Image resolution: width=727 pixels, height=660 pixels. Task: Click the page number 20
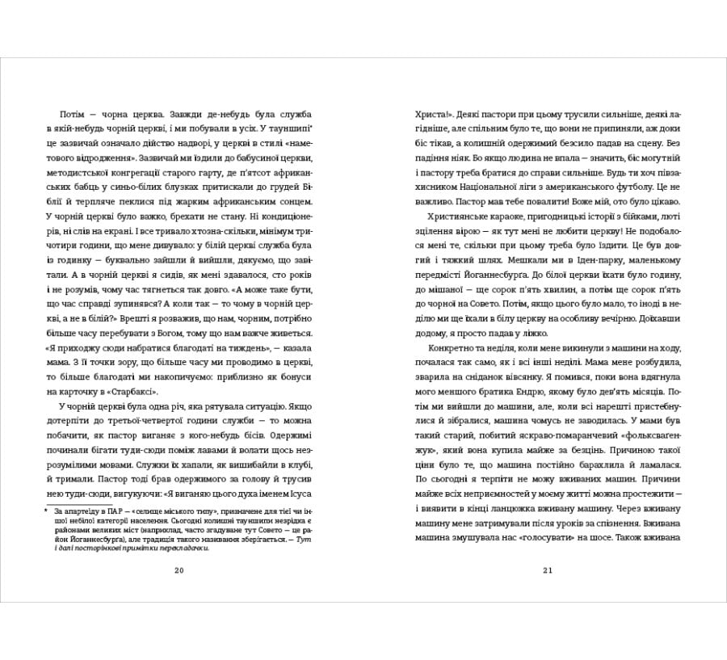point(179,571)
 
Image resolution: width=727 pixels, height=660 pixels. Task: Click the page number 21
point(547,571)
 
